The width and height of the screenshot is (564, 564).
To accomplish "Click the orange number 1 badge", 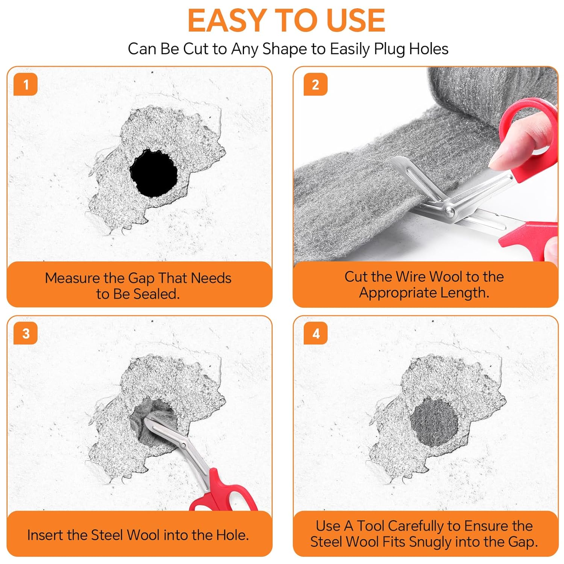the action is pyautogui.click(x=26, y=84).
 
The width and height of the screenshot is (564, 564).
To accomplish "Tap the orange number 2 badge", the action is pyautogui.click(x=315, y=84).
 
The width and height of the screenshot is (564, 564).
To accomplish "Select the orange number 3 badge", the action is pyautogui.click(x=26, y=333).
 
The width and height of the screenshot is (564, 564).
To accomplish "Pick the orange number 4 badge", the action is pyautogui.click(x=315, y=333).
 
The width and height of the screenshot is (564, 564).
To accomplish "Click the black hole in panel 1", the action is pyautogui.click(x=153, y=173).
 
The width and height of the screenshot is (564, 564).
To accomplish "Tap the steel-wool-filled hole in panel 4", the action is pyautogui.click(x=434, y=421).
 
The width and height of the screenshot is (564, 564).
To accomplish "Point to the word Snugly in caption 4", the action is pyautogui.click(x=430, y=542).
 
